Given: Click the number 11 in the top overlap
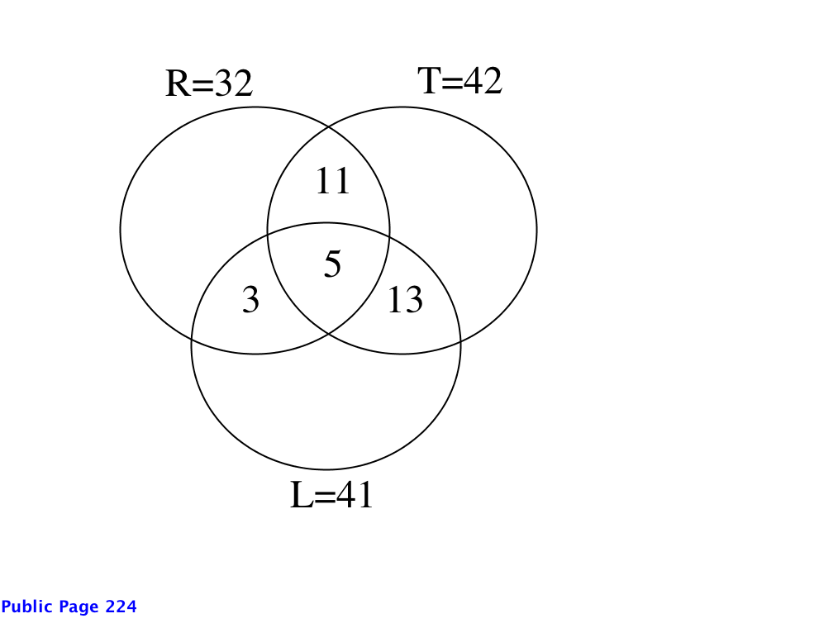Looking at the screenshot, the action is (x=333, y=181).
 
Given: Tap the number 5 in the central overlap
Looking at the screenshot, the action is (x=332, y=264).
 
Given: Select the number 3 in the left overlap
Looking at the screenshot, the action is (x=250, y=299).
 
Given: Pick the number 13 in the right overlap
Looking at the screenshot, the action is (x=405, y=299).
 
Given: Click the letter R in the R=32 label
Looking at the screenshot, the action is (x=179, y=83).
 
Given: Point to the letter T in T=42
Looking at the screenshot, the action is (x=430, y=81).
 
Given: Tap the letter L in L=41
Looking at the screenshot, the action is (x=302, y=494).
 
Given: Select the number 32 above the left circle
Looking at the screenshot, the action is (x=234, y=83).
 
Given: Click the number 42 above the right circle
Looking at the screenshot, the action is (x=483, y=81).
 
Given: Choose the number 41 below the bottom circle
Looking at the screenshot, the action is (x=355, y=494).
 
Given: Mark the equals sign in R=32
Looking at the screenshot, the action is (x=203, y=84).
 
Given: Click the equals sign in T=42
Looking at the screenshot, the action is (x=453, y=82).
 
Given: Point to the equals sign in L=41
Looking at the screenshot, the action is (x=325, y=496).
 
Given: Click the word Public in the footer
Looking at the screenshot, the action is (x=26, y=607).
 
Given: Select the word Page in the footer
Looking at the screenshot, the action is (x=79, y=608).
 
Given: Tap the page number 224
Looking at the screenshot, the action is (x=121, y=607).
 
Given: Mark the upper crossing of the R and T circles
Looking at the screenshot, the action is (x=329, y=126).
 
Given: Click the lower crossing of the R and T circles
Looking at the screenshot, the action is (x=329, y=334).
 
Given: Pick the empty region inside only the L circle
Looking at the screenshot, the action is (x=326, y=407).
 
